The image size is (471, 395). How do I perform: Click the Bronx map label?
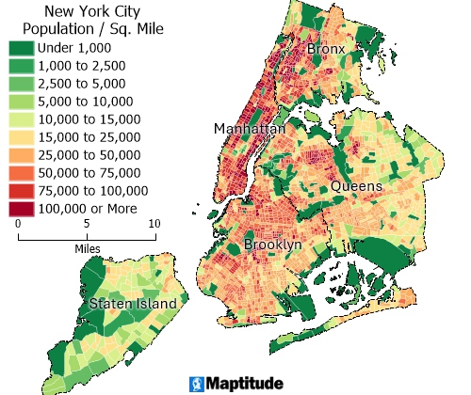pyautogui.click(x=327, y=49)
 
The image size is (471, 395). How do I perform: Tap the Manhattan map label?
pyautogui.click(x=249, y=128)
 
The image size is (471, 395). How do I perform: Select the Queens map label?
pyautogui.click(x=355, y=186)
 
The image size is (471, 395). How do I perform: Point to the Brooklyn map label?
pyautogui.click(x=272, y=245)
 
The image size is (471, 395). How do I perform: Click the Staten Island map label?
pyautogui.click(x=133, y=304)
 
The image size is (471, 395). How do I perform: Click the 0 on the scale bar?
pyautogui.click(x=19, y=223)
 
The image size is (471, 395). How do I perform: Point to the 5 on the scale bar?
pyautogui.click(x=87, y=223)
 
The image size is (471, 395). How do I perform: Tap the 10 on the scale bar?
pyautogui.click(x=154, y=223)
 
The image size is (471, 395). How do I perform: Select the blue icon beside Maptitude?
pyautogui.click(x=197, y=383)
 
